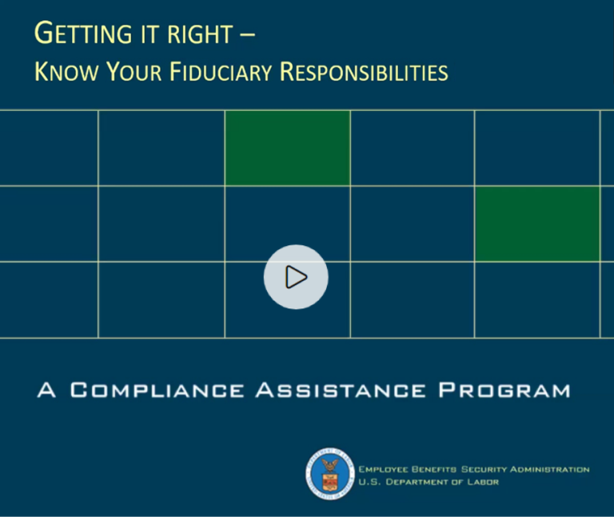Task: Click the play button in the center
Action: [296, 276]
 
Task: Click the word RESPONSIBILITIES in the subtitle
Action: [364, 72]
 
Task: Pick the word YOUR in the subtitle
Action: [127, 72]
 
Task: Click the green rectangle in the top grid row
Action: [287, 149]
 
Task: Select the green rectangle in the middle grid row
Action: [536, 224]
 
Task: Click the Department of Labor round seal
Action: [329, 475]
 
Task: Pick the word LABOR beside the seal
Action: [481, 481]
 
